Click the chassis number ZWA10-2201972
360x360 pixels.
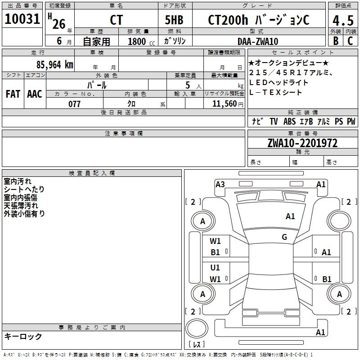click(x=302, y=143)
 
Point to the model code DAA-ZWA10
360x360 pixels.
click(x=258, y=41)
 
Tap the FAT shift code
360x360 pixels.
click(x=13, y=94)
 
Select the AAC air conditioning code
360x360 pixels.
click(x=35, y=94)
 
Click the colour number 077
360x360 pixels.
click(x=74, y=104)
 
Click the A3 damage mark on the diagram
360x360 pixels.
click(x=220, y=184)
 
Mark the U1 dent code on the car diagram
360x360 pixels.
click(x=215, y=268)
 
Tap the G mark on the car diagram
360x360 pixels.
click(x=284, y=237)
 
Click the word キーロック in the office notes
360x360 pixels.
click(x=23, y=337)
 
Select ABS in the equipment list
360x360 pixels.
click(x=289, y=121)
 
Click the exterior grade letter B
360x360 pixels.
click(x=336, y=41)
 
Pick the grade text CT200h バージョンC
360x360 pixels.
click(x=258, y=20)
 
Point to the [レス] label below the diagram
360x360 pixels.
click(x=197, y=345)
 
